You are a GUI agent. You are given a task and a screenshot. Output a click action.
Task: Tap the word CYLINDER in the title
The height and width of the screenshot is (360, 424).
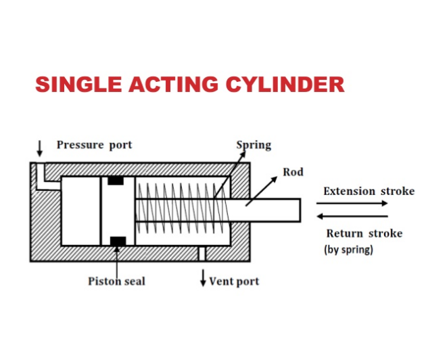tap(285, 85)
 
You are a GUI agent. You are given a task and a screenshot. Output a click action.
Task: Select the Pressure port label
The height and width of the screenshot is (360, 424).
tap(94, 145)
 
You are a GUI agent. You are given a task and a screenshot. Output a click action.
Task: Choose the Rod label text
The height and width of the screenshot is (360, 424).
tap(293, 172)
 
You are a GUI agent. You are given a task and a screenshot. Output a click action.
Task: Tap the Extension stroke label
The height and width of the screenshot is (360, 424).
tap(369, 191)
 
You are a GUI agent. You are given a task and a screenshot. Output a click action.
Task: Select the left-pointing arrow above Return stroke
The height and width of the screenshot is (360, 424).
tap(352, 216)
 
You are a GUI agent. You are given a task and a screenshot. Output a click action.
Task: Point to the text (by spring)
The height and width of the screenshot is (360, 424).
tap(348, 250)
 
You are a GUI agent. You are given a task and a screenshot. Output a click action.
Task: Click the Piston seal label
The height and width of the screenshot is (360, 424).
tap(116, 281)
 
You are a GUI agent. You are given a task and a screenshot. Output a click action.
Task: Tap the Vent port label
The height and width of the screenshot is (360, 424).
tap(234, 281)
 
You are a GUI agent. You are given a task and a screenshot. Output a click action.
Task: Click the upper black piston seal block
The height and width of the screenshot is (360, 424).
tap(116, 181)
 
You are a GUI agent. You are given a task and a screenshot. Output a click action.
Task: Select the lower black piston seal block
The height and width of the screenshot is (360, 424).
tap(116, 241)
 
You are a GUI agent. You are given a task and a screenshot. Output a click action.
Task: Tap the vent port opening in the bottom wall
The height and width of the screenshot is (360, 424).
tap(201, 253)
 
